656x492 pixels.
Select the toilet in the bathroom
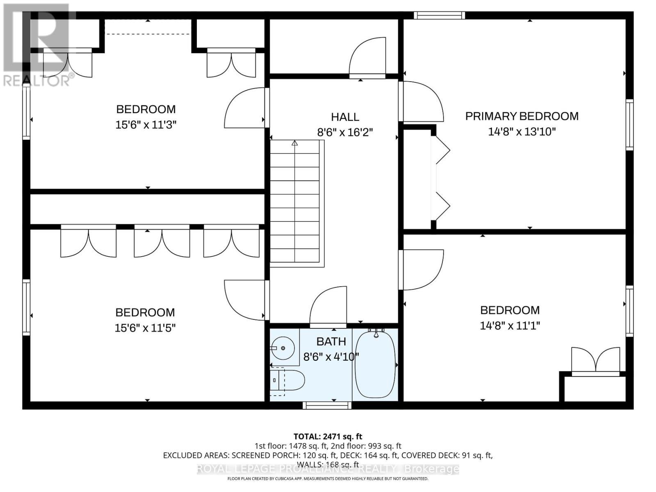point(287,380)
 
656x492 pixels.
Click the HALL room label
point(345,117)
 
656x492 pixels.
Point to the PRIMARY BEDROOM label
point(522,116)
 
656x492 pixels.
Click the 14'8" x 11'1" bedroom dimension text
point(510,325)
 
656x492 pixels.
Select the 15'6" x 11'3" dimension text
point(146,125)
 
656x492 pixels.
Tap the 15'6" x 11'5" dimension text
point(145,328)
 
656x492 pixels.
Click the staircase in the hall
point(297,204)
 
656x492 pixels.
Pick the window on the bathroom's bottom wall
point(327,405)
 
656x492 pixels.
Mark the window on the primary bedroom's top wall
point(440,15)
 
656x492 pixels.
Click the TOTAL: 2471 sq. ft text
point(328,436)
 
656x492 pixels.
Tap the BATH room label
point(331,342)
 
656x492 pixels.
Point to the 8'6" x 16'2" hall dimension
point(345,132)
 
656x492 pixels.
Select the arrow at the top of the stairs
point(295,143)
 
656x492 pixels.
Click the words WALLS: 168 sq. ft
point(328,465)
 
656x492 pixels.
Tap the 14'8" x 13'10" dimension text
point(522,132)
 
